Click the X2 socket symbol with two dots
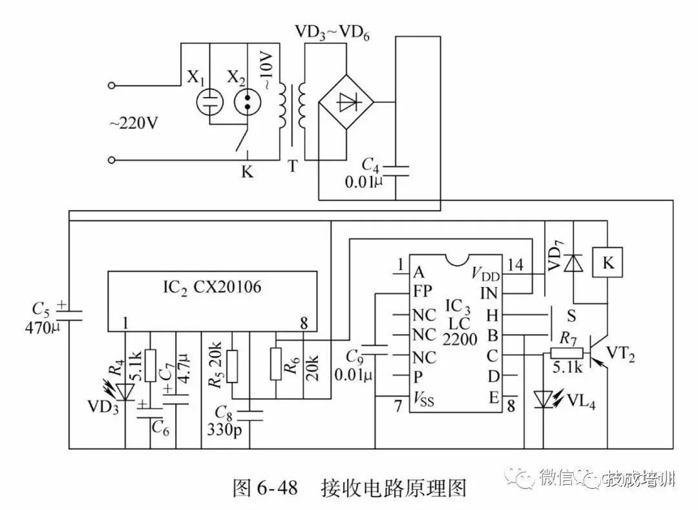(x=247, y=101)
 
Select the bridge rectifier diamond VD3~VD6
(x=347, y=102)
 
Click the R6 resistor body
(x=276, y=366)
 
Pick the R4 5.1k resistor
(x=150, y=366)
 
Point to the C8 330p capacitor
(x=249, y=414)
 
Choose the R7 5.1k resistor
(x=566, y=354)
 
